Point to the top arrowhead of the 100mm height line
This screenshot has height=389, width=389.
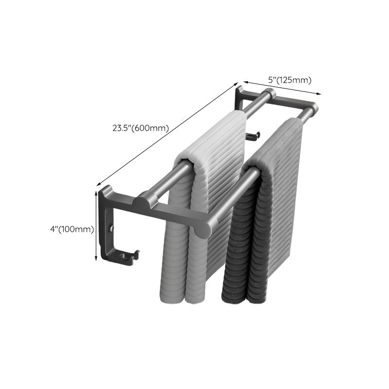coord(95,192)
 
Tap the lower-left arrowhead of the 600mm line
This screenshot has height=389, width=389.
coord(99,185)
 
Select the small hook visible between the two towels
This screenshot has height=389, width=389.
coord(253,136)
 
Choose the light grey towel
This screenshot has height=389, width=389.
coord(204,204)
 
